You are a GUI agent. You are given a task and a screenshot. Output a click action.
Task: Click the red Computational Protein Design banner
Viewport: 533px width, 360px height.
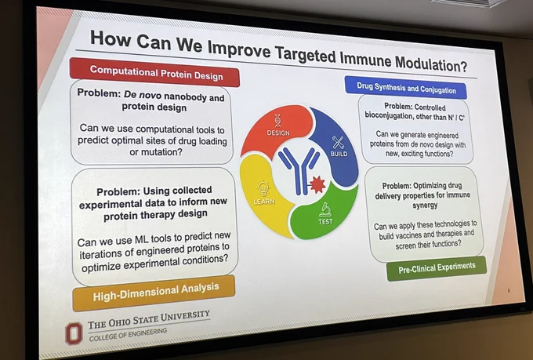[154, 72]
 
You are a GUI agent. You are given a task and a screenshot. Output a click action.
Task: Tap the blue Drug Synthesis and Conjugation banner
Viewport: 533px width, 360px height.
[405, 87]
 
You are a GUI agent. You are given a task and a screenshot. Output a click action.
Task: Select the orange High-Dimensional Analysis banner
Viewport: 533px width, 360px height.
[154, 293]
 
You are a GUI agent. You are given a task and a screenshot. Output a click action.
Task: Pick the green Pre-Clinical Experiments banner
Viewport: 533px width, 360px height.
[437, 268]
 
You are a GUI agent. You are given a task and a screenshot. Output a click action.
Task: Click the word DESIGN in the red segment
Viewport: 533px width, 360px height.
[278, 133]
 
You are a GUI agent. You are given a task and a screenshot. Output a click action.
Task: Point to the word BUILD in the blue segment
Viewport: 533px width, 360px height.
[339, 154]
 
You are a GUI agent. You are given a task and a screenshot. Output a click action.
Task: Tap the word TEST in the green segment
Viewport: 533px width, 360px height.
[325, 221]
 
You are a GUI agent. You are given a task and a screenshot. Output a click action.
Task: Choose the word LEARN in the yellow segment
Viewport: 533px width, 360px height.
[264, 201]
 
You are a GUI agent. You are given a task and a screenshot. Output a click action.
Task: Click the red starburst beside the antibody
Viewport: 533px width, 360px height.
[317, 185]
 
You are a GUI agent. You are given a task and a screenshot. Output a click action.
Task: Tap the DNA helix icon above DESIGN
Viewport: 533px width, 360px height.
[277, 120]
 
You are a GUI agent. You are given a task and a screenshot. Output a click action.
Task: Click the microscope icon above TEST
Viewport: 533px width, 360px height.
[325, 209]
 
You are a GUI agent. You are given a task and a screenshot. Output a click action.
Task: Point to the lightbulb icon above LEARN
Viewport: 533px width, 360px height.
[263, 188]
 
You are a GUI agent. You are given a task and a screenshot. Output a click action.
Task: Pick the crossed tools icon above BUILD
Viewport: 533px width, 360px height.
[338, 143]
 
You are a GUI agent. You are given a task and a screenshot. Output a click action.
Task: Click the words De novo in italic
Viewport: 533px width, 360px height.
[143, 95]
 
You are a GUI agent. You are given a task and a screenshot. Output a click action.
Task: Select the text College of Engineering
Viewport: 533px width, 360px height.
[128, 334]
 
